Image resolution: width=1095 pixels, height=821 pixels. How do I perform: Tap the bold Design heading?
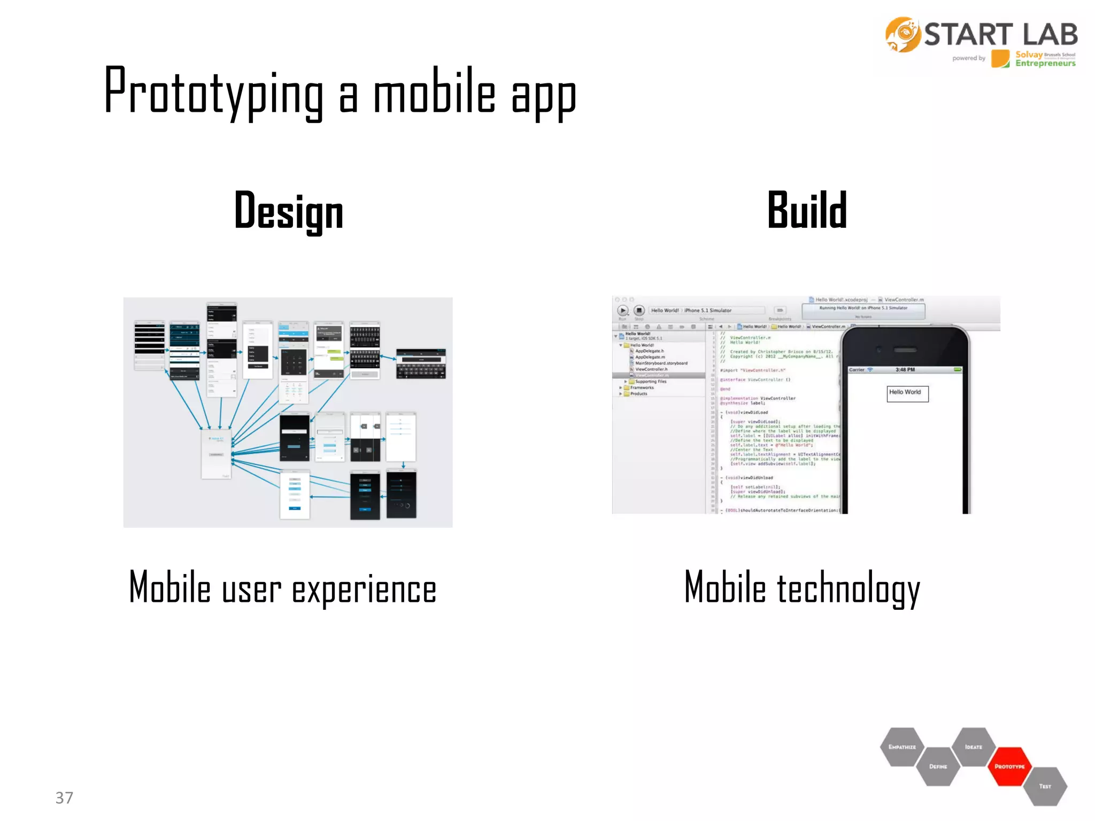click(x=289, y=212)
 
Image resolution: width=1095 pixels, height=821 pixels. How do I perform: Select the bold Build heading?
click(x=807, y=211)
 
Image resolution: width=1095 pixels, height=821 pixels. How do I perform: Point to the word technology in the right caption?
click(x=848, y=588)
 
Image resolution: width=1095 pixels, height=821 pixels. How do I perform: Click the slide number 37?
click(x=64, y=797)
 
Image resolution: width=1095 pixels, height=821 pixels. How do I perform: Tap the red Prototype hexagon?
click(x=1009, y=766)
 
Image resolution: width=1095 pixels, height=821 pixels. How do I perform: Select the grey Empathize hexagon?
click(x=902, y=747)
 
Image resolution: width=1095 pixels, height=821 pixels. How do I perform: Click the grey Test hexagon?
click(x=1045, y=786)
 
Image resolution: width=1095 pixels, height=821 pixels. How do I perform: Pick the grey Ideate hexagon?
click(x=974, y=747)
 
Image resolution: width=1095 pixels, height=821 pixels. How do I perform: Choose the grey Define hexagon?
click(x=938, y=766)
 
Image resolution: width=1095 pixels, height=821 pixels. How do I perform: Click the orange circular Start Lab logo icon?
click(x=903, y=35)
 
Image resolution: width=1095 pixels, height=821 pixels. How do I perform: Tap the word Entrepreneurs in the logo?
click(x=1045, y=64)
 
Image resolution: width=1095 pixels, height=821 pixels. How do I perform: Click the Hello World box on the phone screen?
click(x=907, y=393)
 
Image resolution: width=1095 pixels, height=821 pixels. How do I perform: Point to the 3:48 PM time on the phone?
click(x=905, y=370)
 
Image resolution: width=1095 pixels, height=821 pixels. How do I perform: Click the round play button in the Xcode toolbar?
click(x=623, y=310)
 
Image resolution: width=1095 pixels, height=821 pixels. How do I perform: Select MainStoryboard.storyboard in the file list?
click(x=661, y=363)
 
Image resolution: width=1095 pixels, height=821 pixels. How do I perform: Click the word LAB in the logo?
click(x=1050, y=35)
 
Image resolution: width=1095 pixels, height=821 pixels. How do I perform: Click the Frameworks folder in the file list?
click(x=641, y=388)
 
